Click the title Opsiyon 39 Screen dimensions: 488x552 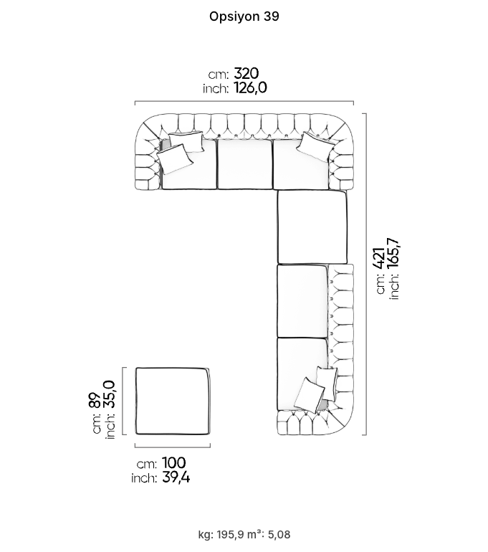click(244, 16)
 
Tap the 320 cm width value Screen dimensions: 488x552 click(247, 74)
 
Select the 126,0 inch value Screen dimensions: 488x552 click(250, 87)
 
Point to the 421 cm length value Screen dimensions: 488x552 click(379, 258)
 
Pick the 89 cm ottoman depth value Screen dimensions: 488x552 click(95, 400)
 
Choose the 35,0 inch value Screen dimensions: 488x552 click(109, 394)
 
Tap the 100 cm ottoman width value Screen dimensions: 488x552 click(174, 463)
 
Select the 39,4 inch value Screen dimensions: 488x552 click(176, 477)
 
